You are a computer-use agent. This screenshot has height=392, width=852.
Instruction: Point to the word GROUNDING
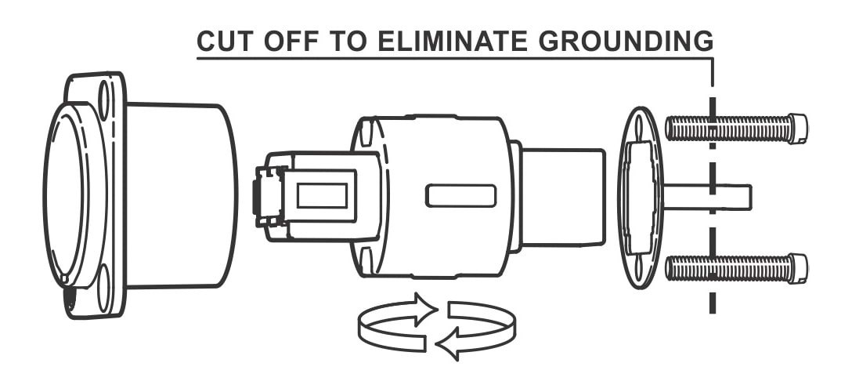(626, 42)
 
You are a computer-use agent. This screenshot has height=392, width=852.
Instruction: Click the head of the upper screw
(798, 129)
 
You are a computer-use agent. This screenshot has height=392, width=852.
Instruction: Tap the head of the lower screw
(798, 269)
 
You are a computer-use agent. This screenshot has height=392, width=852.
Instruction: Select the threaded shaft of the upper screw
(727, 129)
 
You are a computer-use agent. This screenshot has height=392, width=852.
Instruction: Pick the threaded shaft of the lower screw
(727, 269)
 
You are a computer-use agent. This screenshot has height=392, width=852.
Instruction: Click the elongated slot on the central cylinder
(460, 196)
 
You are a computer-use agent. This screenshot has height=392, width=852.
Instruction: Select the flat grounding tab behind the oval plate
(707, 197)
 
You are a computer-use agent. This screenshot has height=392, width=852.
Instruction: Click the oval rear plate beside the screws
(641, 198)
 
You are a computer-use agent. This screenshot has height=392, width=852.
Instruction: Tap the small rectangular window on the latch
(322, 195)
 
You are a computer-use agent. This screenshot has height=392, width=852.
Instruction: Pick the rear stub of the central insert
(562, 198)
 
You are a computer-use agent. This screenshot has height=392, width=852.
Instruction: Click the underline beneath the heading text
(454, 58)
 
